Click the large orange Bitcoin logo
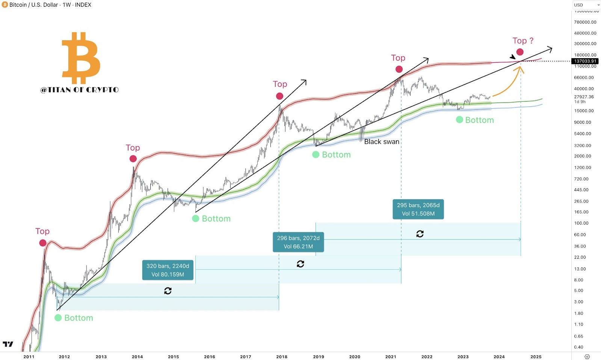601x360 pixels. [x=81, y=58]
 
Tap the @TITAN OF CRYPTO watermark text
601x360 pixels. [x=80, y=90]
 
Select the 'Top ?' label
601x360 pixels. [x=523, y=41]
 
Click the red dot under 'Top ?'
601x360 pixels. [x=520, y=52]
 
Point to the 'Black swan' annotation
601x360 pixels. [x=382, y=142]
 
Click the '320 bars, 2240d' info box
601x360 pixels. [x=168, y=270]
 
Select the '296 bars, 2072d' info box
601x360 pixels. [x=298, y=242]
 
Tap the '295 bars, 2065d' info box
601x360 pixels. [x=418, y=209]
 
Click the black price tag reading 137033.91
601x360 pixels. [x=585, y=61]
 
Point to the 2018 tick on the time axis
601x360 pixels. [x=282, y=357]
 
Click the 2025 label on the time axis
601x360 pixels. [x=536, y=357]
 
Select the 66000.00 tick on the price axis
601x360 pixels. [x=584, y=77]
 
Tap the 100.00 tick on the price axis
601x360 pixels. [x=581, y=223]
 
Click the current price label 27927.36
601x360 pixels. [x=584, y=97]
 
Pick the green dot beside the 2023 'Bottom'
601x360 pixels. [x=459, y=120]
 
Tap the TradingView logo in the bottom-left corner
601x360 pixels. [x=8, y=344]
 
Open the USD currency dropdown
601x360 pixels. [x=586, y=5]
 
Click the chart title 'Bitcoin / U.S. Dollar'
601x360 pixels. [x=34, y=5]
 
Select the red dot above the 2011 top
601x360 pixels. [x=43, y=243]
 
